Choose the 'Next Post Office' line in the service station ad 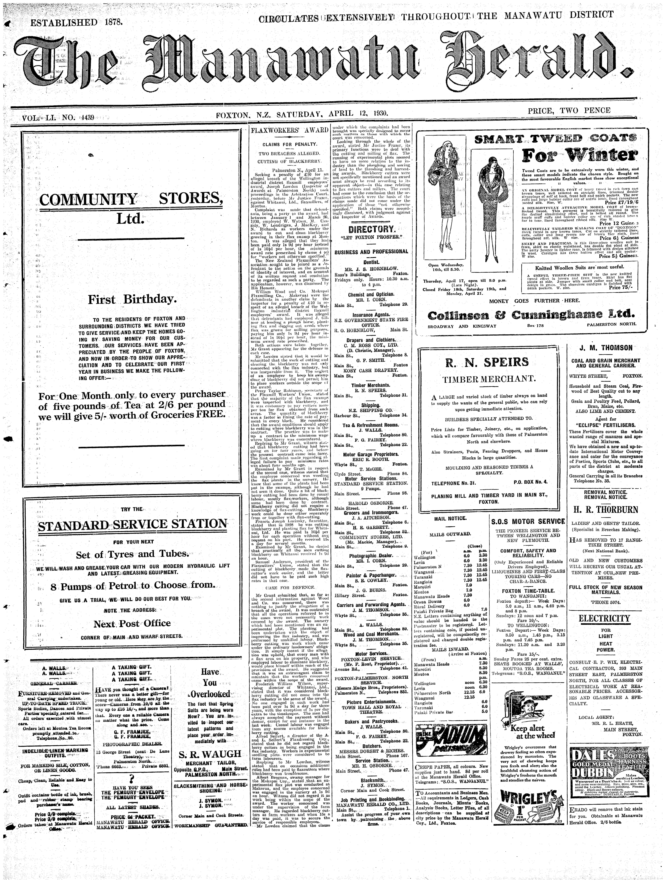[x=132, y=623]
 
